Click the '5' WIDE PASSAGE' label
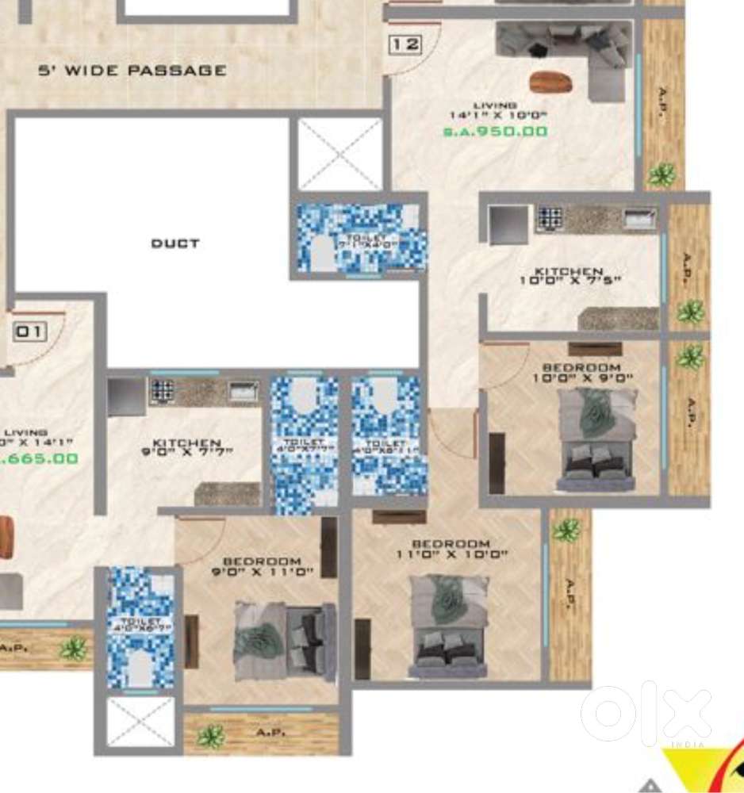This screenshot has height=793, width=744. (132, 71)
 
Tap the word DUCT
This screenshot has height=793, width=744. (175, 243)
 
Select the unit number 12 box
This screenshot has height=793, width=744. (405, 44)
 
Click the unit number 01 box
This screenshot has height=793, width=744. (29, 331)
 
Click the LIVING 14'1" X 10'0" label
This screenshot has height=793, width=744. (496, 110)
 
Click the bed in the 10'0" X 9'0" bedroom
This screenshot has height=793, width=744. (596, 436)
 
